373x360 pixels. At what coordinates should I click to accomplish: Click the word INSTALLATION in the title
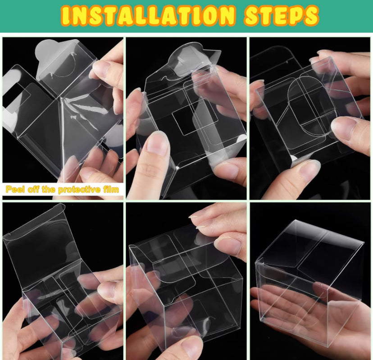click(148, 15)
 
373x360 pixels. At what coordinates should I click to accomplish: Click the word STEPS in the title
click(282, 15)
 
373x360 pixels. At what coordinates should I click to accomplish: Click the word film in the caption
click(111, 189)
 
